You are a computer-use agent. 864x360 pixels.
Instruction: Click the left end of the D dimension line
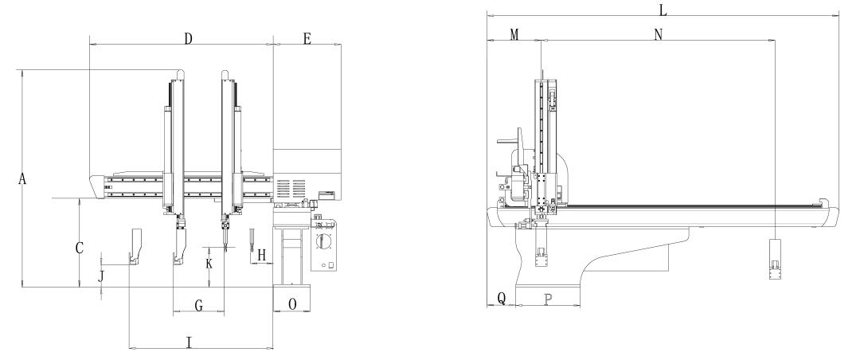89,44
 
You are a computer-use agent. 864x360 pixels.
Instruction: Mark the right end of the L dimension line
838,15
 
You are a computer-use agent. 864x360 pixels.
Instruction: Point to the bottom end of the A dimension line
22,287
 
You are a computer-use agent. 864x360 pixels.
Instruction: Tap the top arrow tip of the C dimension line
80,198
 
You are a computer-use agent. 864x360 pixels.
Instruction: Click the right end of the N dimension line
776,40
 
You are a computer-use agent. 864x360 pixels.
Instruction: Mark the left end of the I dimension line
129,348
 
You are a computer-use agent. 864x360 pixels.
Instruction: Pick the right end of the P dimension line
581,306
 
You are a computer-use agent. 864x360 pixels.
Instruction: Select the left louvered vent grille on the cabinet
283,188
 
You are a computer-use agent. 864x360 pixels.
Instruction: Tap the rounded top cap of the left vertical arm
180,74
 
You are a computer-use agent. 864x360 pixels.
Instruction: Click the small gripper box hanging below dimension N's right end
776,259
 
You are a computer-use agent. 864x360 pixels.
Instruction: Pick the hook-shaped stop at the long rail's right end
822,202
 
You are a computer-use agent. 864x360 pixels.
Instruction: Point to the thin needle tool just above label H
252,240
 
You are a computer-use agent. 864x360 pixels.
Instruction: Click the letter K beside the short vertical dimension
209,264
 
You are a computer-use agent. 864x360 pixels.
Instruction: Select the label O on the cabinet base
292,303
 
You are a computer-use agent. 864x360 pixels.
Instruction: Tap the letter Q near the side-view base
502,298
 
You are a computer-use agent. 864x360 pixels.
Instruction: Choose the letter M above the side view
514,35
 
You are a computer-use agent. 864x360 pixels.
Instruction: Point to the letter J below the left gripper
101,276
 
